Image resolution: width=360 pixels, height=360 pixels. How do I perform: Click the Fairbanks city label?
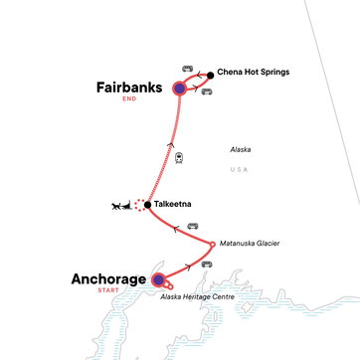tap(130, 88)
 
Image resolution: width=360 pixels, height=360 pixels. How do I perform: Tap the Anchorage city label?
tap(107, 279)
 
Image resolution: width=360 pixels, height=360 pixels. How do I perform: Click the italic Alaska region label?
tap(241, 149)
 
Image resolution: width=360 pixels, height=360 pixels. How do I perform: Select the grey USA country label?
tap(239, 169)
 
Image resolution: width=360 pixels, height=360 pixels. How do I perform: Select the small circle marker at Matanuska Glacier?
tap(213, 244)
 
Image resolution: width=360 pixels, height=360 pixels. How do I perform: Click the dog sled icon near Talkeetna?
tap(124, 207)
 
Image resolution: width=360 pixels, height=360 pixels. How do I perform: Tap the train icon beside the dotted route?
tap(179, 157)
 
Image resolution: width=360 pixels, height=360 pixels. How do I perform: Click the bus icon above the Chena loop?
tap(187, 68)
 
